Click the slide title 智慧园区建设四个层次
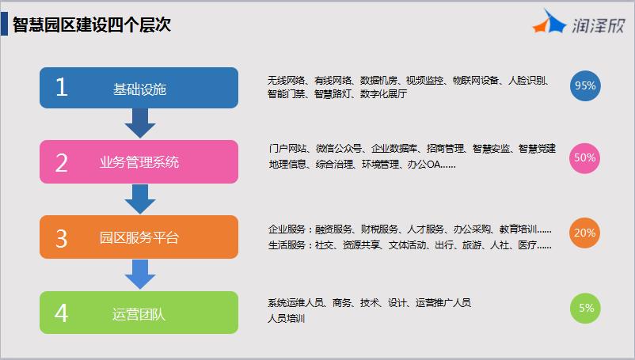click(x=92, y=25)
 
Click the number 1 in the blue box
click(x=62, y=87)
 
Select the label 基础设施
click(x=139, y=89)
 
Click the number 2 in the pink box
click(x=62, y=163)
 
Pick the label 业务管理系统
click(x=139, y=162)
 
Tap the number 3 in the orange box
click(x=62, y=238)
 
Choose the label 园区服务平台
click(x=139, y=237)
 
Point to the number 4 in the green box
click(x=61, y=313)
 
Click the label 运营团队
click(x=139, y=314)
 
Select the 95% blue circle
click(x=585, y=85)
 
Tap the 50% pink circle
click(x=585, y=157)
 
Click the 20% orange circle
click(x=585, y=233)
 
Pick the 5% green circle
click(x=585, y=309)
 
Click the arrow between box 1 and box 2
click(x=140, y=123)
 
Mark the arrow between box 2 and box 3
click(x=140, y=199)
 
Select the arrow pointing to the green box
click(x=140, y=275)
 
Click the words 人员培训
click(x=287, y=319)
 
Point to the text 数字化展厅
click(x=383, y=94)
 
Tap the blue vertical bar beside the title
click(x=4, y=24)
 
